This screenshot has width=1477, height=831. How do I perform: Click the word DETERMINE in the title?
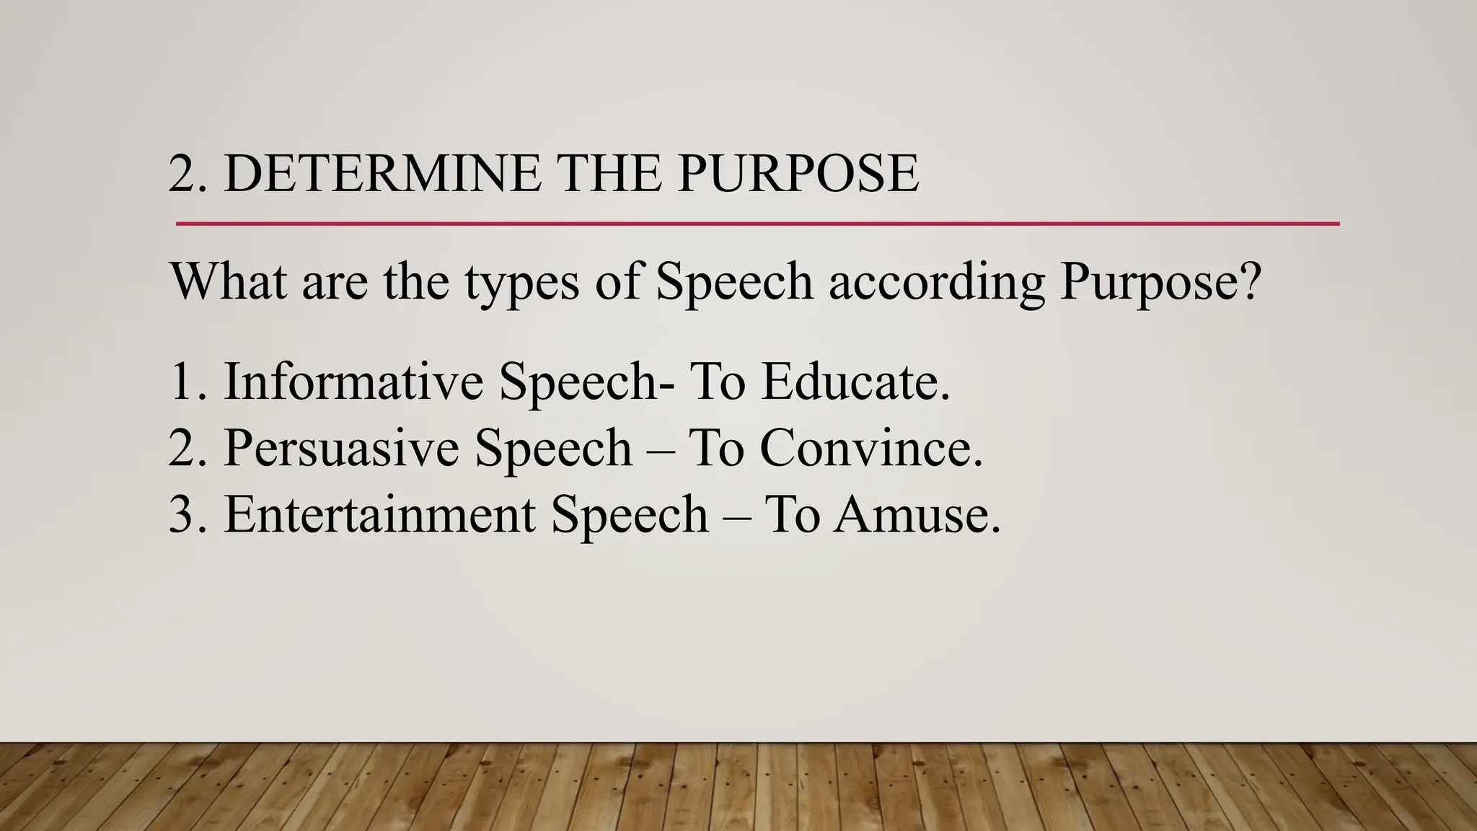382,174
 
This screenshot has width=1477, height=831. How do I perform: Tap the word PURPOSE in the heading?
798,174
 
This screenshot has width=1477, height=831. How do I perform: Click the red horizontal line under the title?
757,224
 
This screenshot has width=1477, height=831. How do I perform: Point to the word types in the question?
521,282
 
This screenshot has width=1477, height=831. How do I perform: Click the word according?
936,282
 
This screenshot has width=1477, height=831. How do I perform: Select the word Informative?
353,382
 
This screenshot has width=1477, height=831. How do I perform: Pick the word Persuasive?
341,448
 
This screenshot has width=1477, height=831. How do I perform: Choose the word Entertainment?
379,515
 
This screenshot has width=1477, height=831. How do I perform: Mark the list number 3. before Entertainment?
188,515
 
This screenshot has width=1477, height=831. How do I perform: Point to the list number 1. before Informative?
188,382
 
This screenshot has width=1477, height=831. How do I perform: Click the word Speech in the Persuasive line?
553,448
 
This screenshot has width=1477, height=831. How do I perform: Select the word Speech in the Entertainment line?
630,515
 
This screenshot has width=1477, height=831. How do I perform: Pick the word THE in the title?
609,174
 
